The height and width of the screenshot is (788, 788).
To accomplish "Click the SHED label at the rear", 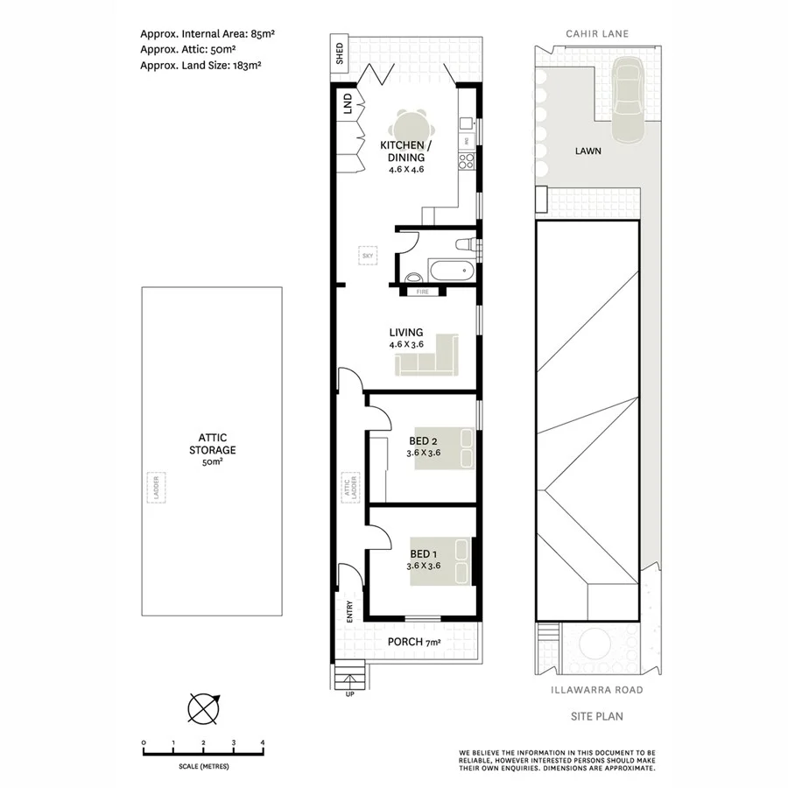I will point(340,53).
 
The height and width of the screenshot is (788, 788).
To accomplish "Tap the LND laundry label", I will point(348,106).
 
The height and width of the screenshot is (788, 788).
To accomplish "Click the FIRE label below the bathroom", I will point(422,291).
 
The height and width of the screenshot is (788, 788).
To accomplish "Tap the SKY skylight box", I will point(367,256).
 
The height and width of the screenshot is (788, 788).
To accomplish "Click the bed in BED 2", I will point(443,450).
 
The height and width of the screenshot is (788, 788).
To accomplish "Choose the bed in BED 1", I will point(441,562).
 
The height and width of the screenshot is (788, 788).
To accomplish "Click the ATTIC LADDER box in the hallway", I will point(348,487).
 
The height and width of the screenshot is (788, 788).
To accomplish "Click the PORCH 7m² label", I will point(414,643).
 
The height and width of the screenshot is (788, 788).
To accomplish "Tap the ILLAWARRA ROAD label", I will point(597,690).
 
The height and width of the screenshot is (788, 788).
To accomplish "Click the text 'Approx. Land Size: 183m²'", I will point(201,64).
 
